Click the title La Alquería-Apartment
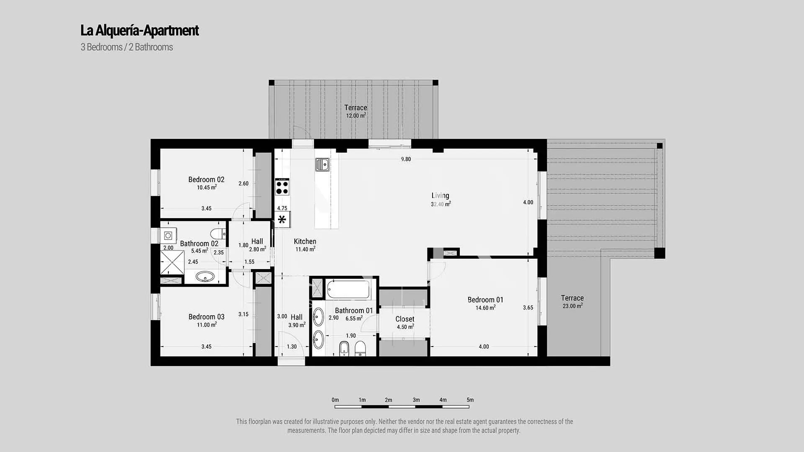(x=139, y=31)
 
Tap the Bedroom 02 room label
(x=206, y=180)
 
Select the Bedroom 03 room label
(x=206, y=317)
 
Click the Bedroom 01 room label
(x=485, y=300)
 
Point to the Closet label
(x=405, y=319)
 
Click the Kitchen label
(x=305, y=241)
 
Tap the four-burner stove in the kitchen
(x=282, y=187)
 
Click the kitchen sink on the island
(x=322, y=164)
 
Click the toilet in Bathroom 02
(x=218, y=234)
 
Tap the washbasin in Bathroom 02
(x=205, y=277)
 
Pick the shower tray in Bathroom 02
(x=172, y=262)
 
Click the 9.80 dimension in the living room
(x=406, y=159)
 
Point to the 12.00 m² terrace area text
(x=356, y=116)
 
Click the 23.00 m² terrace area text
(x=572, y=306)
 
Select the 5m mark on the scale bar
(x=470, y=400)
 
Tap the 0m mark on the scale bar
(x=335, y=400)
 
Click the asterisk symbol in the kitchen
(x=282, y=219)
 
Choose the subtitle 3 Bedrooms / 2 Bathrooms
(x=127, y=47)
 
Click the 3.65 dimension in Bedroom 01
(x=528, y=308)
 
